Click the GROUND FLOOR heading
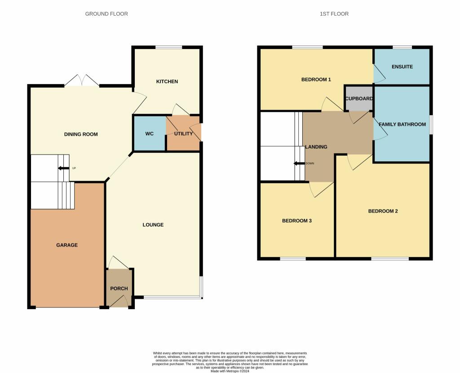pyautogui.click(x=106, y=14)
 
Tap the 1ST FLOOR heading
pyautogui.click(x=334, y=14)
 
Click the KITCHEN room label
pyautogui.click(x=167, y=81)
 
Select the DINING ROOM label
pyautogui.click(x=81, y=134)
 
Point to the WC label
pyautogui.click(x=150, y=134)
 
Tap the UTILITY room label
pyautogui.click(x=183, y=133)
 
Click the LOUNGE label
pyautogui.click(x=153, y=225)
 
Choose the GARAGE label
pyautogui.click(x=67, y=245)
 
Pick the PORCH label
pyautogui.click(x=119, y=289)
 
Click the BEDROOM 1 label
pyautogui.click(x=316, y=80)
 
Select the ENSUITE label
pyautogui.click(x=402, y=67)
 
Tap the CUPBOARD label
pyautogui.click(x=359, y=98)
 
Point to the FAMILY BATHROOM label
pyautogui.click(x=402, y=124)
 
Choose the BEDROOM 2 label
pyautogui.click(x=383, y=211)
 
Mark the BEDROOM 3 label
pyautogui.click(x=296, y=221)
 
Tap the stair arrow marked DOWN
pyautogui.click(x=299, y=164)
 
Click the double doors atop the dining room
pyautogui.click(x=81, y=80)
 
